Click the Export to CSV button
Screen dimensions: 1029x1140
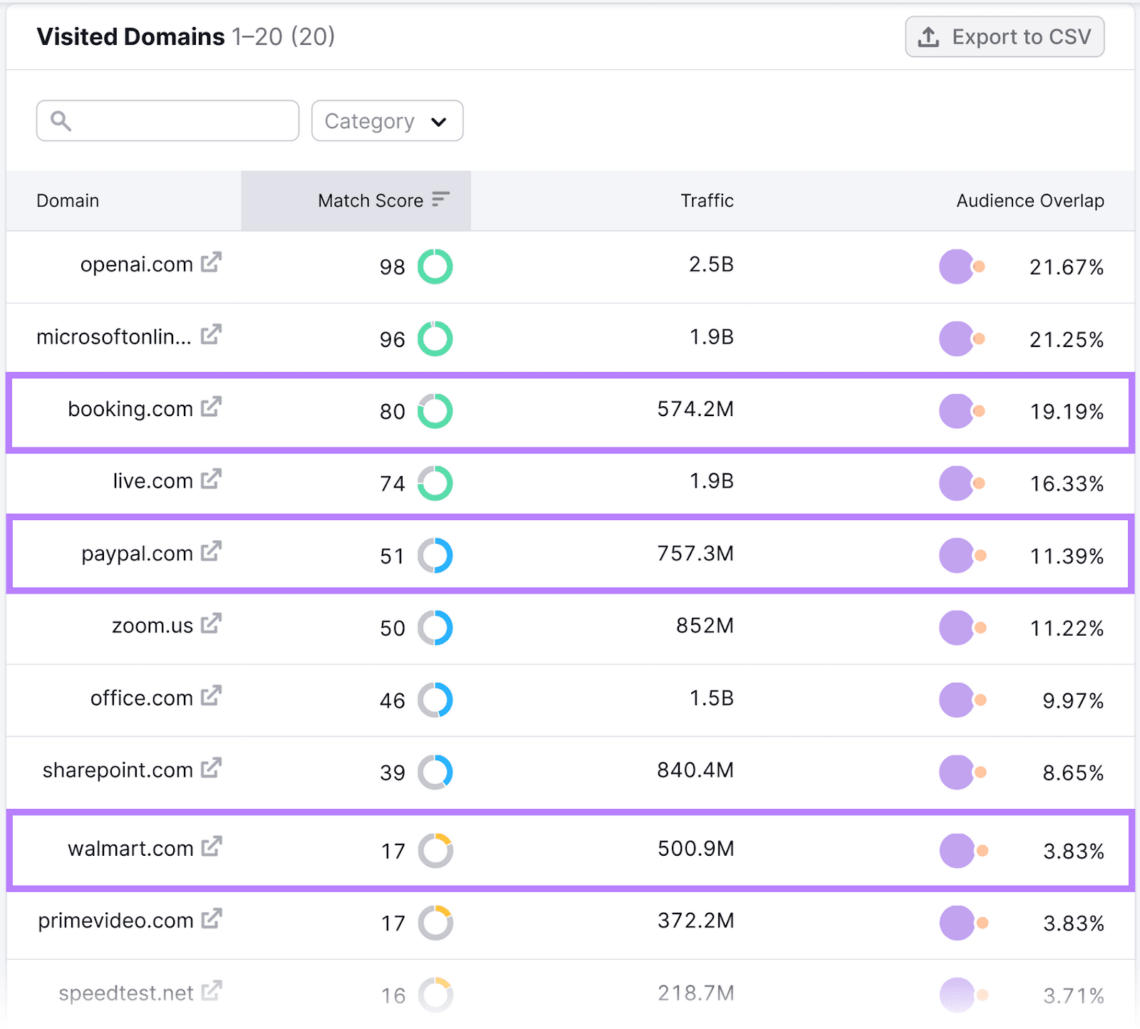(1005, 37)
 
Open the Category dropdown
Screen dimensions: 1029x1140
(387, 121)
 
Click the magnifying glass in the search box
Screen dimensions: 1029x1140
(61, 121)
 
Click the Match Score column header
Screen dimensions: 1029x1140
(370, 201)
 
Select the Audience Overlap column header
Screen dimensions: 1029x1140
(1030, 201)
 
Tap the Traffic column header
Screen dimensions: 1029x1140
(706, 201)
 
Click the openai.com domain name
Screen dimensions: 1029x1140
(136, 264)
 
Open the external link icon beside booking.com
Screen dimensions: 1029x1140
(211, 407)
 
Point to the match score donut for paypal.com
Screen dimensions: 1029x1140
(435, 556)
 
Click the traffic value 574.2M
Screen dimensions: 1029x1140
(695, 409)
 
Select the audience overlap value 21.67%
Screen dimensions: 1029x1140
(1066, 267)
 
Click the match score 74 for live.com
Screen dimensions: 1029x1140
(392, 484)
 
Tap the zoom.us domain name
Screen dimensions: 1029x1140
(152, 626)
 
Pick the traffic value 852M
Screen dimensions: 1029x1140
(704, 626)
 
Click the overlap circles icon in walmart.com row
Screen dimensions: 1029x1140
(963, 851)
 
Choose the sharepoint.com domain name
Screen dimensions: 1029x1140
(118, 770)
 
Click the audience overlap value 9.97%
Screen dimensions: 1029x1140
(1072, 700)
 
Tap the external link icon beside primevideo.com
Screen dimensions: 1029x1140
(211, 919)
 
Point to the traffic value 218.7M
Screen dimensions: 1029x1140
(695, 993)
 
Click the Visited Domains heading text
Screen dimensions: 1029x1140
(130, 37)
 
